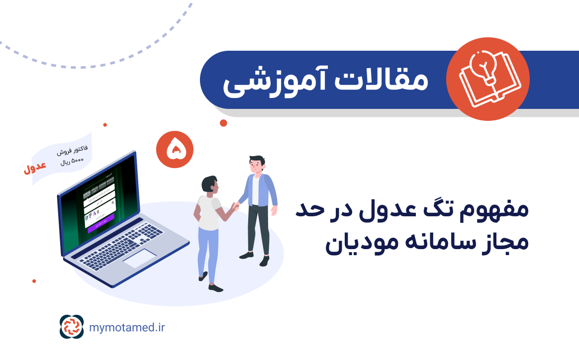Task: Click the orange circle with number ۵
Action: tap(174, 150)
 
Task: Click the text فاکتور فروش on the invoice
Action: tap(69, 151)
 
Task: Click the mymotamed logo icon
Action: tap(72, 327)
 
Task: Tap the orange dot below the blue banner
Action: tap(223, 123)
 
